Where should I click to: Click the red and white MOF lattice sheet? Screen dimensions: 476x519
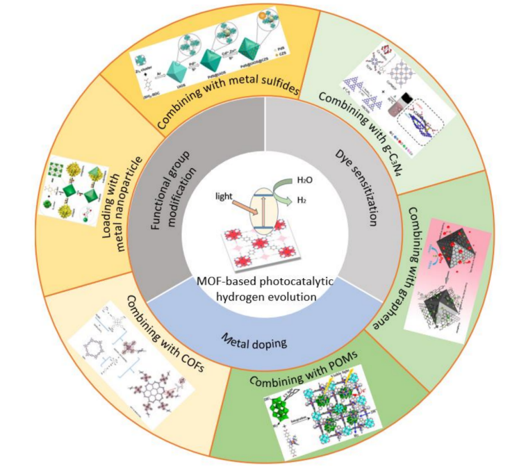261,251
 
